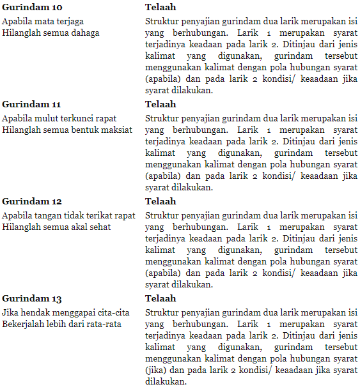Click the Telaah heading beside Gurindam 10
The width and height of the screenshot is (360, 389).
click(160, 7)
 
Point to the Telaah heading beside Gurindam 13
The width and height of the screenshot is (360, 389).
click(160, 298)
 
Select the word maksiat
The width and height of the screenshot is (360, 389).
click(117, 130)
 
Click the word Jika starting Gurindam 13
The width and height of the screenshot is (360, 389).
click(10, 313)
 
